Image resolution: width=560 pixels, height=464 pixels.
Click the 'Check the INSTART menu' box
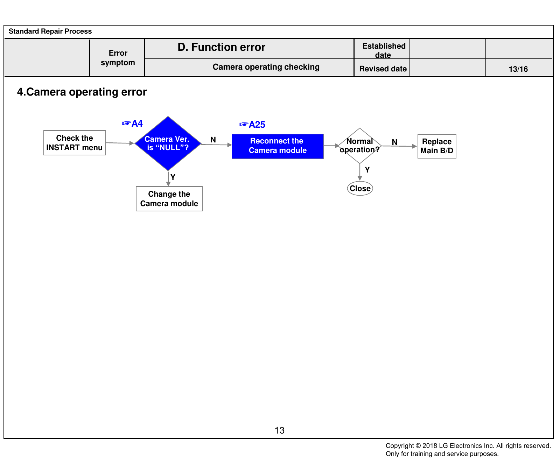[75, 143]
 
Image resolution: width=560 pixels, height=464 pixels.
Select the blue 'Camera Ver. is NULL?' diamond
[168, 143]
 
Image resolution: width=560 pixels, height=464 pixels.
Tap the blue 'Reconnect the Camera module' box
[278, 146]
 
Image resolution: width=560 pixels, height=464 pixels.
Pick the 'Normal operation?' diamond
[360, 146]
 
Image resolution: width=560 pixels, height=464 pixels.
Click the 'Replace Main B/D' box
[437, 146]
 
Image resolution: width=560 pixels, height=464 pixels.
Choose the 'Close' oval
[360, 188]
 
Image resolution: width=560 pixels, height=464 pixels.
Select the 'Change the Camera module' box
[169, 199]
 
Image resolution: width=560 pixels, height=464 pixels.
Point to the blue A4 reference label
[132, 124]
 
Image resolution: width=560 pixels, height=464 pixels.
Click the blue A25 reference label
[252, 125]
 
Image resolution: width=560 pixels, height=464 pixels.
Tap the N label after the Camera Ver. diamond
[213, 140]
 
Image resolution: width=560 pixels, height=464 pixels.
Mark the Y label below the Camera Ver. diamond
[173, 177]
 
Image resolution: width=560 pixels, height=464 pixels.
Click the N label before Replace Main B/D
[394, 142]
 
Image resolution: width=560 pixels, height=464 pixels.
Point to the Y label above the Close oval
[367, 170]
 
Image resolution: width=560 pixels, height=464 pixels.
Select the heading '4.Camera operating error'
[82, 92]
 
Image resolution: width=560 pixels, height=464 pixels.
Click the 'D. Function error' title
[222, 47]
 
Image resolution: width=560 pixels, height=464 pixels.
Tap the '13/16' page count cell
[518, 69]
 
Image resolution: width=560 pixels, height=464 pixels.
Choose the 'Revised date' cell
[383, 69]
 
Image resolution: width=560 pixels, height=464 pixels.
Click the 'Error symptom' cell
[118, 58]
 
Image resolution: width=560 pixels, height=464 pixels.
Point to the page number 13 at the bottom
[280, 430]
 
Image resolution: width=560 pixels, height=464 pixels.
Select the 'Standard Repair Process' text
[50, 31]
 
